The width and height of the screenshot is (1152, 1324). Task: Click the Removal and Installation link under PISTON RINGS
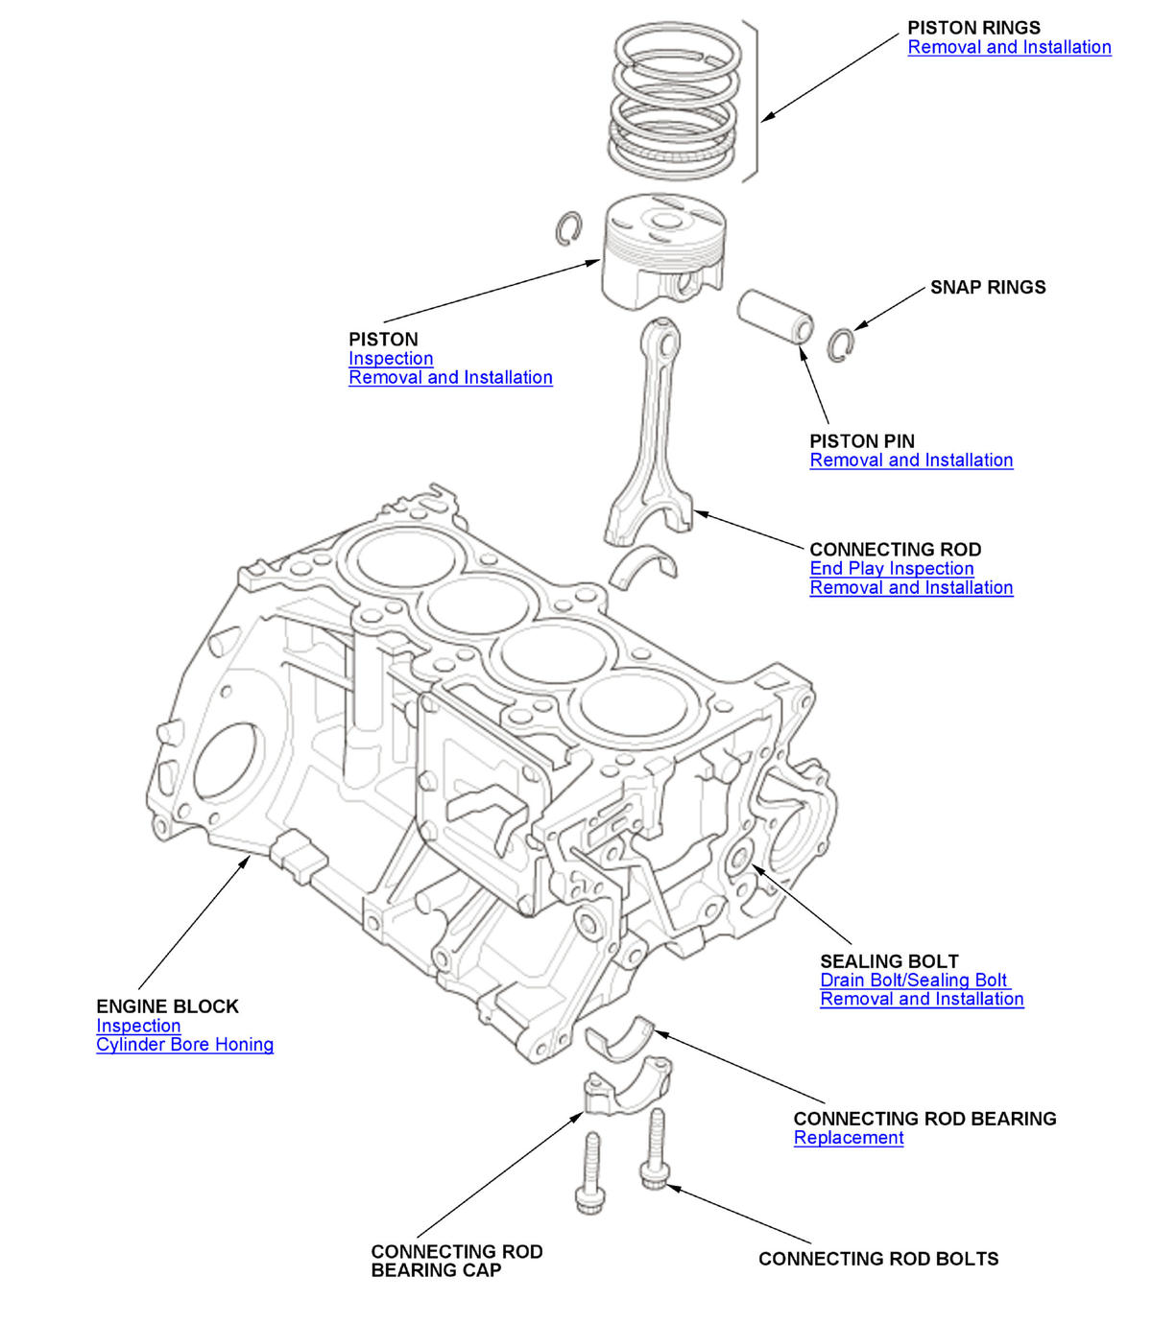click(1009, 47)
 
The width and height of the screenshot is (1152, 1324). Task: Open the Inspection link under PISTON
click(391, 358)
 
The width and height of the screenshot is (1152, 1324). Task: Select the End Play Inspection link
click(891, 568)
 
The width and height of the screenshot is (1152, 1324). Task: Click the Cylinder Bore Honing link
click(184, 1044)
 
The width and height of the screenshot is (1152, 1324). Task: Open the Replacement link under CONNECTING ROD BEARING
click(849, 1137)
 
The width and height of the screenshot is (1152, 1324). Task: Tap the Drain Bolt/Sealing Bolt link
click(914, 980)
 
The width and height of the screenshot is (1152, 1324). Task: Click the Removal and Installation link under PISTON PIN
click(911, 460)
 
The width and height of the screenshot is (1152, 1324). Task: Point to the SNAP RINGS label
click(988, 287)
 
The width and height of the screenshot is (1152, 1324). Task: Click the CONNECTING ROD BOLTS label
click(878, 1259)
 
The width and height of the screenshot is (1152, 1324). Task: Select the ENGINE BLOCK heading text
click(167, 1006)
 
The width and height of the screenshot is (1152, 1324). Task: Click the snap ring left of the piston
click(569, 227)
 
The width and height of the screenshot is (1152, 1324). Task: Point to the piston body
click(660, 254)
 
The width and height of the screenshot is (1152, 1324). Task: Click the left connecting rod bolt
click(590, 1172)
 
